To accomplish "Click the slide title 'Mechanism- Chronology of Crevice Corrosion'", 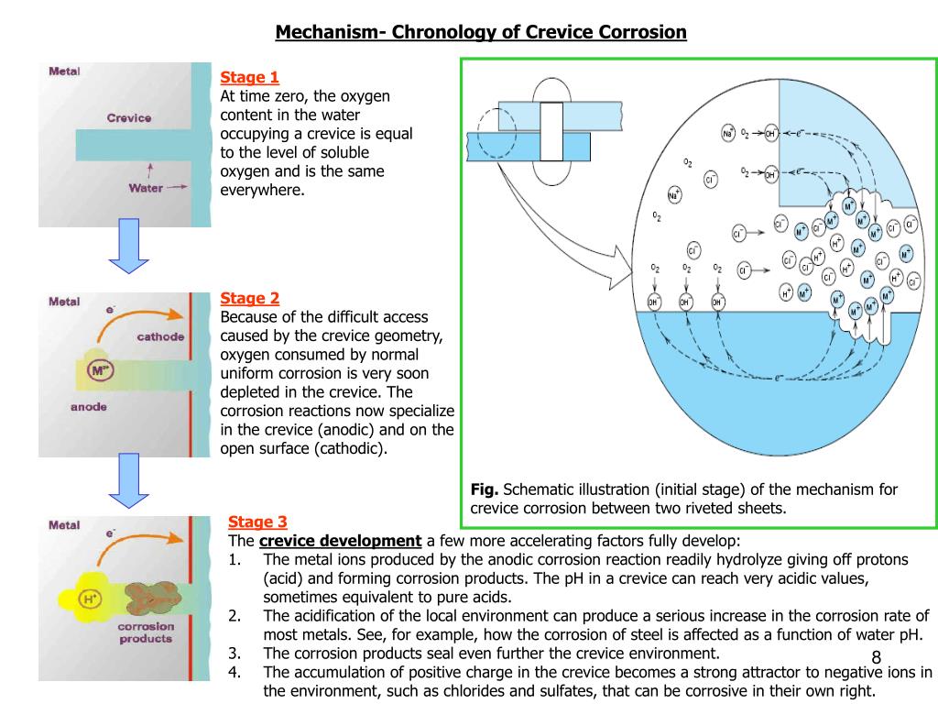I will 481,33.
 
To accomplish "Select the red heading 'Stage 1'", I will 249,77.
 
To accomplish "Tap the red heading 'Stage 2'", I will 249,298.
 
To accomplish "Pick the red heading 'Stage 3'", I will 257,522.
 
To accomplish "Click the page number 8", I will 876,658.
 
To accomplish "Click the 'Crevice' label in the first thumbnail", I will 128,117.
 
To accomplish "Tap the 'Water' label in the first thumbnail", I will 145,188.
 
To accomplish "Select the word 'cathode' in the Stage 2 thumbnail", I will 160,336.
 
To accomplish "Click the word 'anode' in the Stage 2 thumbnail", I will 89,407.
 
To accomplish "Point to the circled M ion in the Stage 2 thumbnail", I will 99,371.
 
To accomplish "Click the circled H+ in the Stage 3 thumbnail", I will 91,599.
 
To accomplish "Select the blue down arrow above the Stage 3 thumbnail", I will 129,479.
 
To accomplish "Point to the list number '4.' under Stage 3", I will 235,672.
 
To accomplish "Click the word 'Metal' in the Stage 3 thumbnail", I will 65,526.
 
